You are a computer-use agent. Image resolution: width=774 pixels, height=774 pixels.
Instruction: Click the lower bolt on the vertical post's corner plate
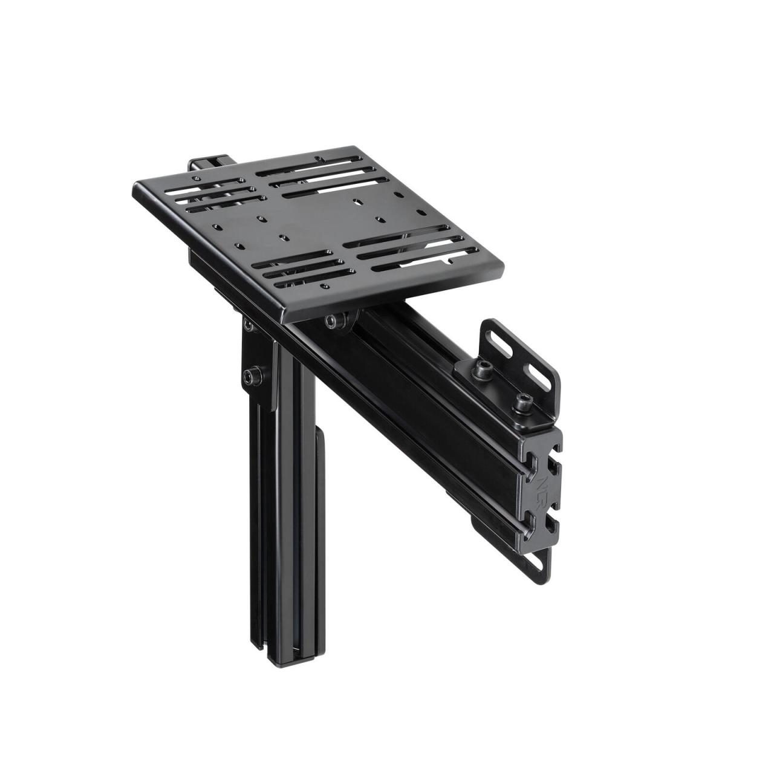253,376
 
